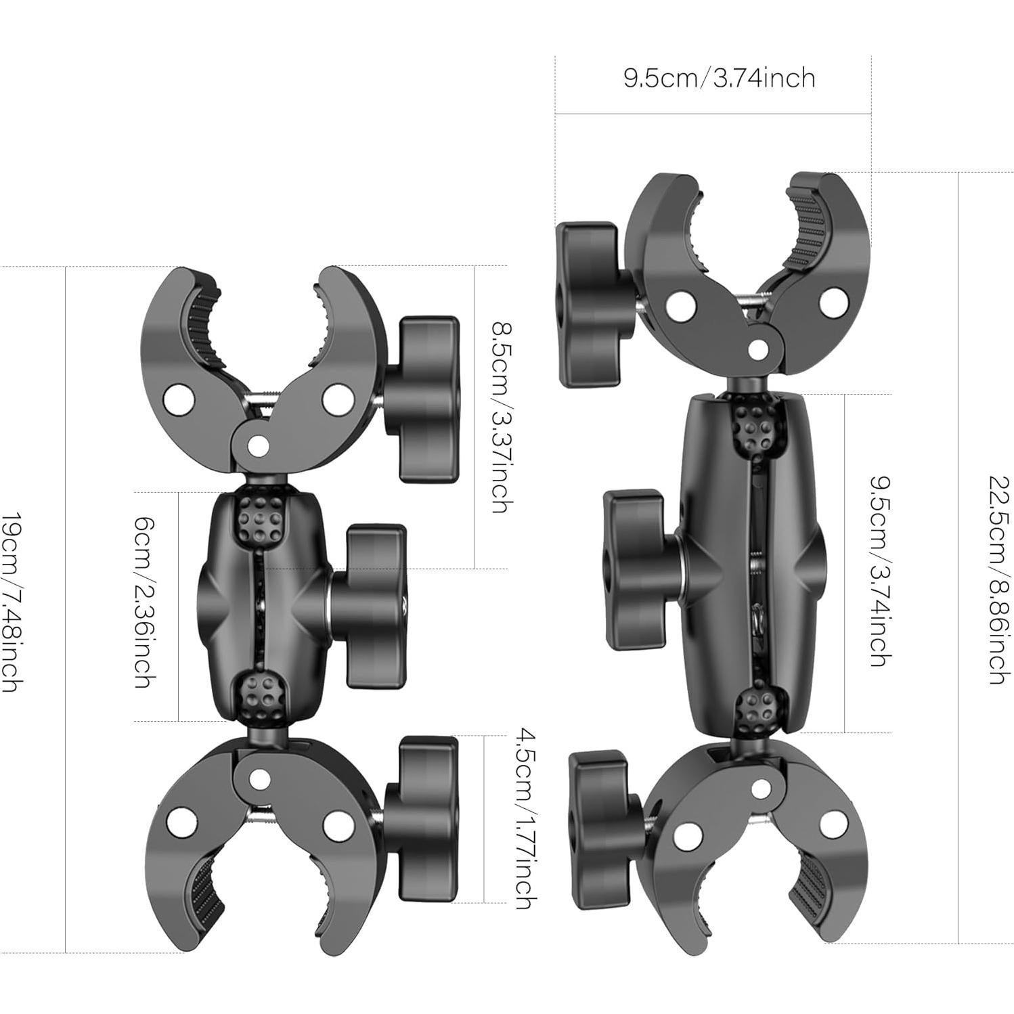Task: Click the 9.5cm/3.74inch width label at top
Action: click(719, 79)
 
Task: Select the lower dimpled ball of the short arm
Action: click(261, 697)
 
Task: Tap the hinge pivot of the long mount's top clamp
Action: click(759, 349)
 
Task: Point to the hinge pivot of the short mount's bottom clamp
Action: click(256, 780)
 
